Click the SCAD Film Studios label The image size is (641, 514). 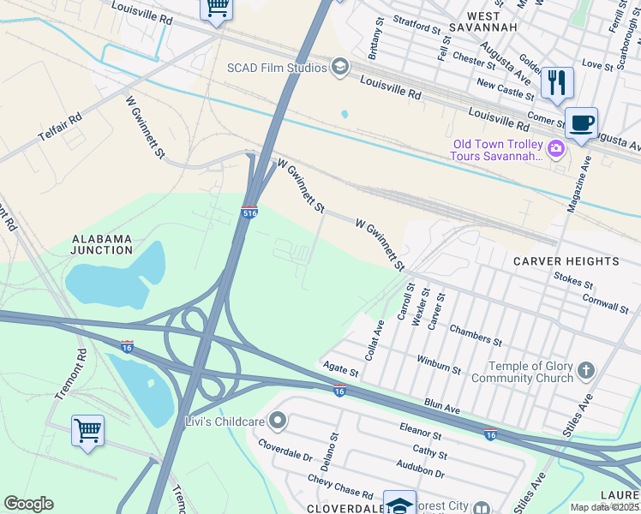coord(277,68)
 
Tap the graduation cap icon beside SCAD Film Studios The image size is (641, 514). coord(340,68)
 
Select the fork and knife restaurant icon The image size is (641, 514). coord(557,83)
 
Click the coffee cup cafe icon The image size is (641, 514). coord(581,123)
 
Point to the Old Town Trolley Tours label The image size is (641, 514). coord(499,150)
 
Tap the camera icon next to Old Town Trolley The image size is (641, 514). coord(556,150)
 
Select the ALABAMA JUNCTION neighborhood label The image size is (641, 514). coord(102,244)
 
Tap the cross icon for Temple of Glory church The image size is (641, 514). coord(585,371)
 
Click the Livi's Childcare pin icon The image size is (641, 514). coord(277,421)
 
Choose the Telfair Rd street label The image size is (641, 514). coord(59,128)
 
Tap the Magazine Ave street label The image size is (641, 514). coord(579,183)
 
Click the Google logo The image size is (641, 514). coord(29,504)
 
